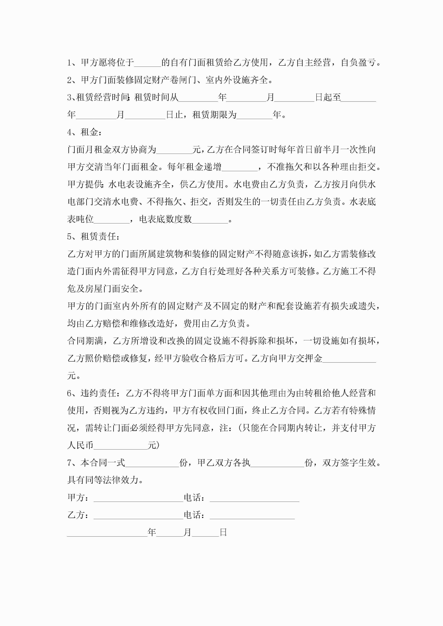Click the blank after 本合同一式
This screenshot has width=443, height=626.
pyautogui.click(x=152, y=463)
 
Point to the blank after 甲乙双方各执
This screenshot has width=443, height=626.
pyautogui.click(x=277, y=463)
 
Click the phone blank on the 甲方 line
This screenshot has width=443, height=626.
pyautogui.click(x=254, y=498)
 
